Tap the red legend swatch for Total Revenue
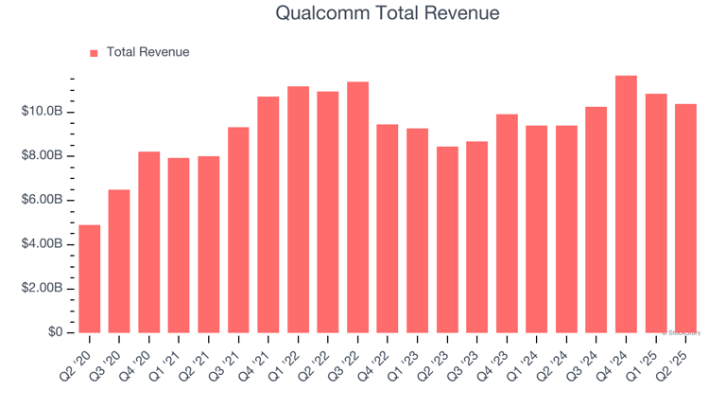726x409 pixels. tap(94, 53)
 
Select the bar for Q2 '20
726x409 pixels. tap(90, 278)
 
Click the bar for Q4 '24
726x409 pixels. tap(626, 204)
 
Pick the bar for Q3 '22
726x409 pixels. tap(357, 207)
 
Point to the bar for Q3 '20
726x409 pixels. tap(119, 261)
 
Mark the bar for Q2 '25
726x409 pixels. tap(685, 218)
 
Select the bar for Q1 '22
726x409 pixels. tap(298, 209)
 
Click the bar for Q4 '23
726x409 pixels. tap(507, 223)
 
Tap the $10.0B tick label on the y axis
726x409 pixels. tap(42, 112)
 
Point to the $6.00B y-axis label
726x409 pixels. tap(42, 200)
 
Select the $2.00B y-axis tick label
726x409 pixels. tap(42, 288)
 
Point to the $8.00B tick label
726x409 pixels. tap(42, 155)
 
